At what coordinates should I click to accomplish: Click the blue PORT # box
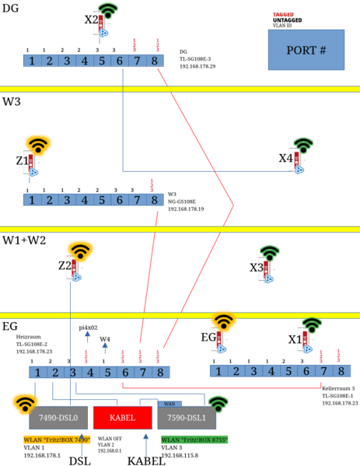[x=306, y=50]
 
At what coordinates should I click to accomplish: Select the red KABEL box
[x=122, y=418]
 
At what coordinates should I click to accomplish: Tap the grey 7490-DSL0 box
[x=58, y=418]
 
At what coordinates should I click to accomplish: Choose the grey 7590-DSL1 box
[x=187, y=418]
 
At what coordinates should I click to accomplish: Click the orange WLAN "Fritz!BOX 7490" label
[x=57, y=440]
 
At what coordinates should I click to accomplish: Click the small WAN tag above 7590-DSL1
[x=170, y=404]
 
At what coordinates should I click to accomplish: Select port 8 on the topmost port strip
[x=155, y=61]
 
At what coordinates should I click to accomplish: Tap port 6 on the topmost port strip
[x=119, y=61]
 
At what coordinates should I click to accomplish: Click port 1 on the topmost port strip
[x=31, y=61]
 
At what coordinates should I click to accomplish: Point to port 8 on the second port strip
[x=155, y=200]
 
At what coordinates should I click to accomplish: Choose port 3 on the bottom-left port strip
[x=72, y=373]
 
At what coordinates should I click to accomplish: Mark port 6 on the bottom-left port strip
[x=125, y=373]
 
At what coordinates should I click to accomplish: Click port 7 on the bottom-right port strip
[x=323, y=371]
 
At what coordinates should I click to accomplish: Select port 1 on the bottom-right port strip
[x=218, y=371]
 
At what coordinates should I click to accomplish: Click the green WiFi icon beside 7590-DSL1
[x=218, y=403]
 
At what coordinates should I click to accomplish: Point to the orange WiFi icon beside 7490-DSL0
[x=24, y=402]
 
